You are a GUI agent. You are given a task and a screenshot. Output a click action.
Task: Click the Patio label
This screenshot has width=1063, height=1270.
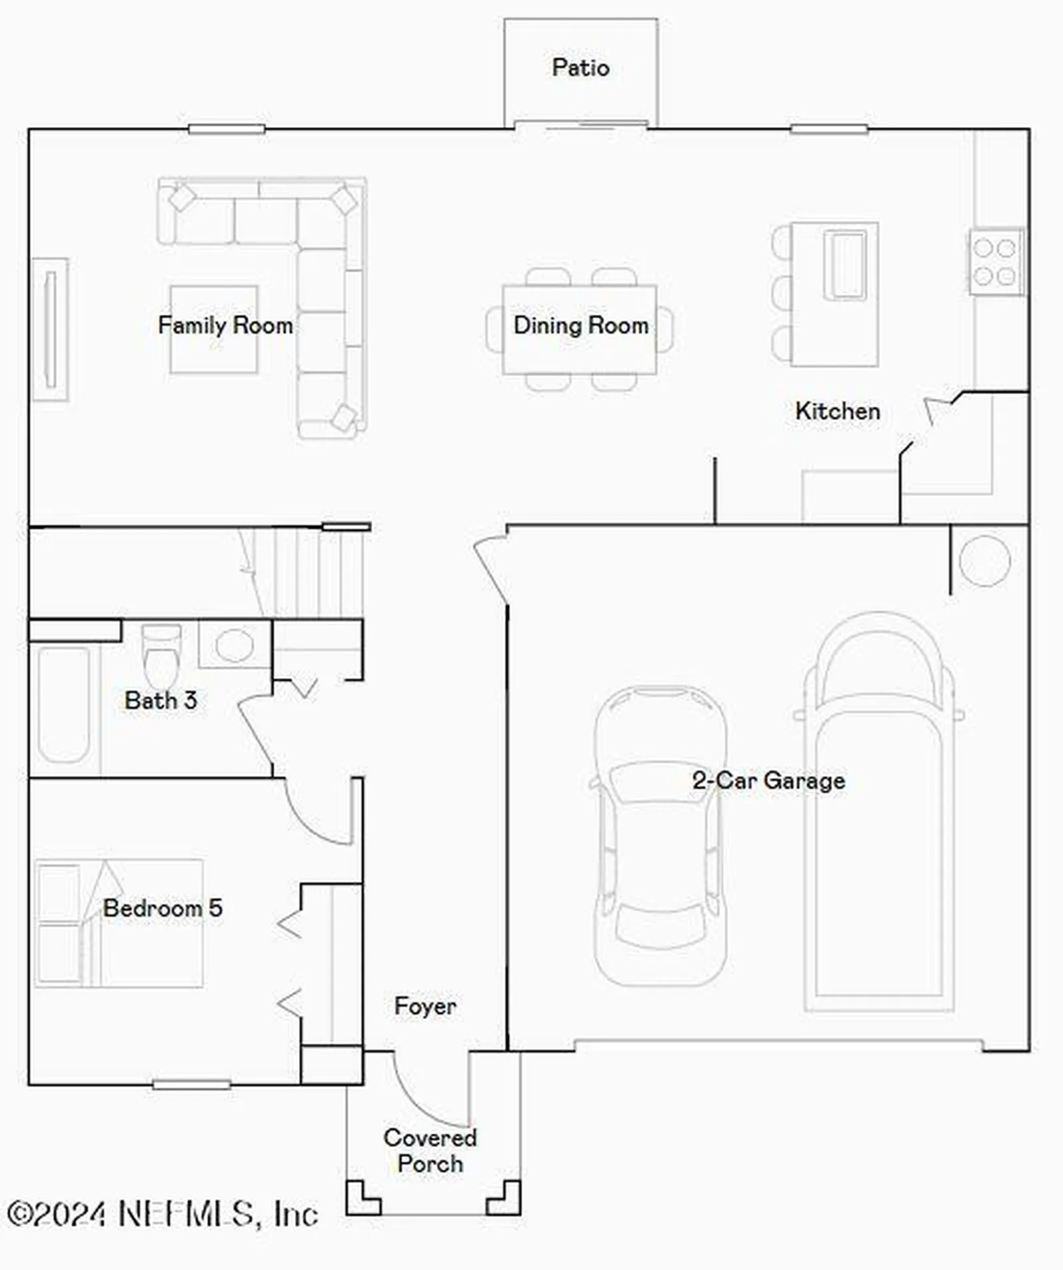580,67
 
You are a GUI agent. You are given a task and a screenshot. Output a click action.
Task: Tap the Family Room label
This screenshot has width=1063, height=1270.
225,325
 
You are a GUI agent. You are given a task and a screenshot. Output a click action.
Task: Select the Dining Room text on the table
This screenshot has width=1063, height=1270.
580,325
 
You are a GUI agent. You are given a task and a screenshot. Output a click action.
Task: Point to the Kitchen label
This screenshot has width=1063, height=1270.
837,411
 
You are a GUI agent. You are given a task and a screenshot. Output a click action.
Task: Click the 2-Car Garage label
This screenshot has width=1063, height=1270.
768,781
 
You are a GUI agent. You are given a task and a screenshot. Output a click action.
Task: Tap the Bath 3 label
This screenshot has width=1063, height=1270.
161,700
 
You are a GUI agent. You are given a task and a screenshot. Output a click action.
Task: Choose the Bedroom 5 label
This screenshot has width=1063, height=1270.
163,908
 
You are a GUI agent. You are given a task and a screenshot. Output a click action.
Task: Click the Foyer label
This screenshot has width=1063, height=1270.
425,1006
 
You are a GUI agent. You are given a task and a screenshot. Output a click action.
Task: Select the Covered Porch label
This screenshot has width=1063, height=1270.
430,1150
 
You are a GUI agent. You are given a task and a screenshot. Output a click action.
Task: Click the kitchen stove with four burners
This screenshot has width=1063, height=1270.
995,261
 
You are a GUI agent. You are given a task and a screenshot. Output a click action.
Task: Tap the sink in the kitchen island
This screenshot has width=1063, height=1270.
845,265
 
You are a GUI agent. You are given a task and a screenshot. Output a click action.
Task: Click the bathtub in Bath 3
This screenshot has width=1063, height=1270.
64,704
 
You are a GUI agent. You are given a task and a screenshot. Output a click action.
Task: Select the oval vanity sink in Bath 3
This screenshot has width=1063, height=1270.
234,645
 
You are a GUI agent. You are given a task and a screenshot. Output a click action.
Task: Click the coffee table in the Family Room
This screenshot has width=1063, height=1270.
214,329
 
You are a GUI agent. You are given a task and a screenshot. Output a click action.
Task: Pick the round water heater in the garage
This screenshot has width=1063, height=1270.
984,561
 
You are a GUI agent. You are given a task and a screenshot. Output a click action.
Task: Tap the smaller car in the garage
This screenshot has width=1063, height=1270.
660,837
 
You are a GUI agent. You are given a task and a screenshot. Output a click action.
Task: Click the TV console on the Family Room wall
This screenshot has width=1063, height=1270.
50,329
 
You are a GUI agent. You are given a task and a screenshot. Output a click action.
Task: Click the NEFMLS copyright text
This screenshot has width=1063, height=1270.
163,1214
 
